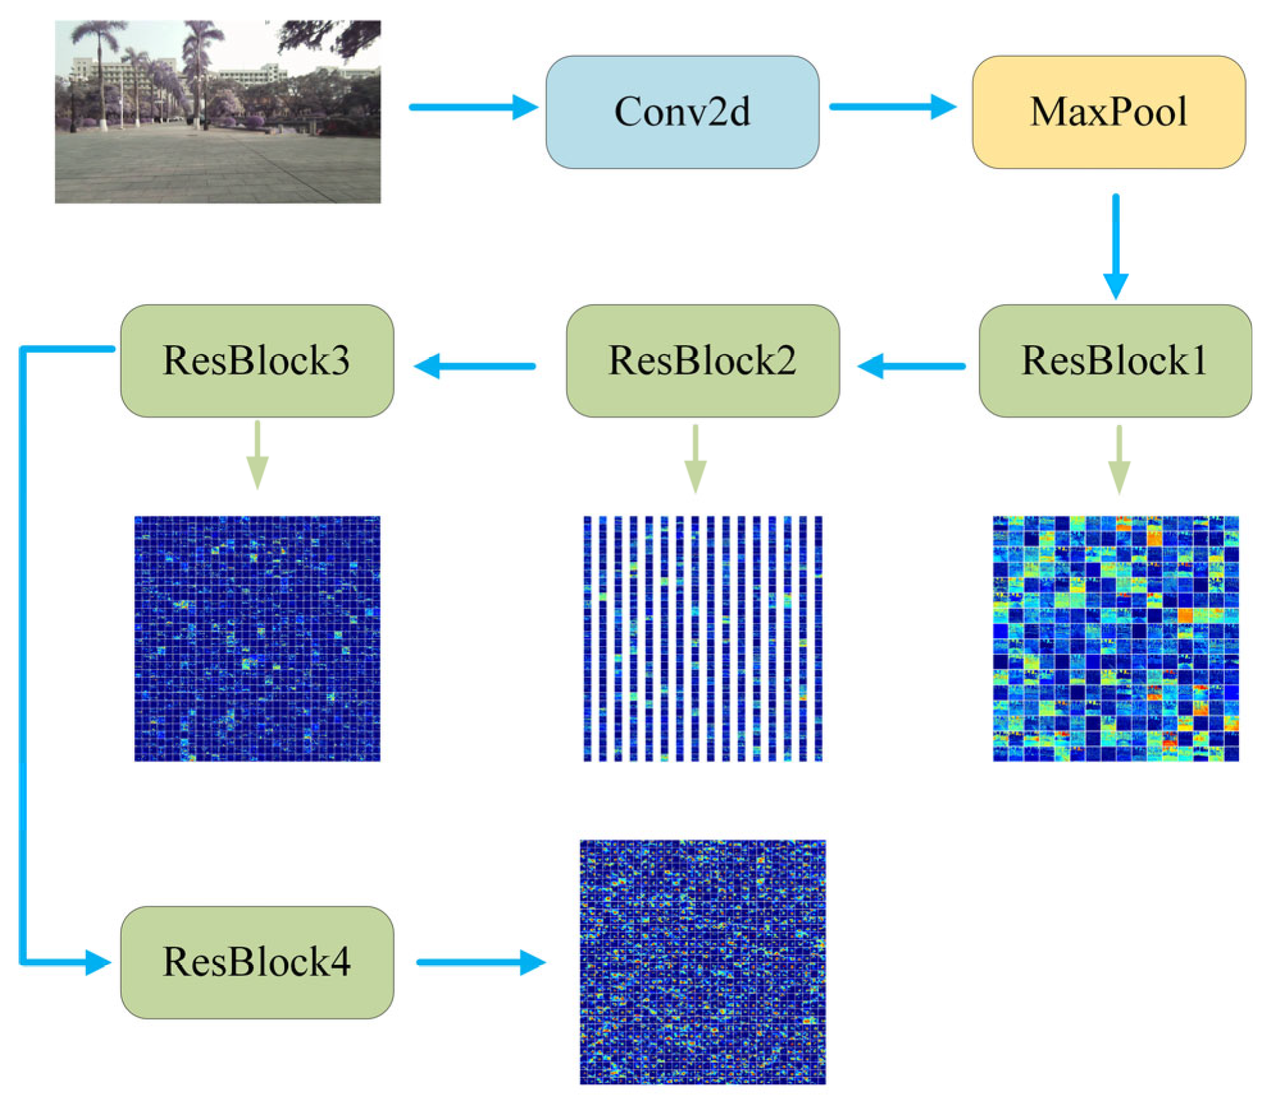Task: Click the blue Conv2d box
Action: pos(682,112)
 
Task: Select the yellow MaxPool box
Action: pos(1108,112)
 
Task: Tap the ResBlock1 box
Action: pos(1115,360)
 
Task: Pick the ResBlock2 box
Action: pos(702,360)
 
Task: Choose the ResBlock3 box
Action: pos(257,360)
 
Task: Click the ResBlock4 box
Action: pos(257,961)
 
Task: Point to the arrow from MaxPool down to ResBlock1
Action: pos(1115,246)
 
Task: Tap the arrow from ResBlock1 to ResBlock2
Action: pos(911,366)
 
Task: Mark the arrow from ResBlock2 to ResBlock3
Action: pos(474,366)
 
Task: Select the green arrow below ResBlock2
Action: pos(695,458)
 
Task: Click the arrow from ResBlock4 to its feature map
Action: pos(480,962)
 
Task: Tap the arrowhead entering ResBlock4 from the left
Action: pos(97,962)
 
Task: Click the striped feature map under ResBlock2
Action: pos(702,638)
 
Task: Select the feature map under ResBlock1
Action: pos(1115,638)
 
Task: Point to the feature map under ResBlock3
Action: pos(257,638)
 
